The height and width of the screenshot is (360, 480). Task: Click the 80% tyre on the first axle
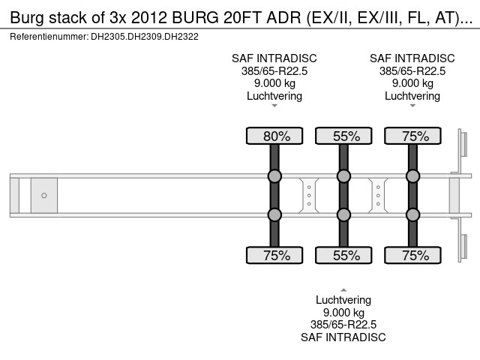click(x=274, y=136)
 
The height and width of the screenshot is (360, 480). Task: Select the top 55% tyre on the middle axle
click(x=343, y=136)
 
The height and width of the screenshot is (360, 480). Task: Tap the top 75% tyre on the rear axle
click(x=412, y=136)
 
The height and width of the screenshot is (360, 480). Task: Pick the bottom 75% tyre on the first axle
click(x=274, y=255)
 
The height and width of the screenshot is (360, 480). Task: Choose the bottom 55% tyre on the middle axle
click(x=343, y=255)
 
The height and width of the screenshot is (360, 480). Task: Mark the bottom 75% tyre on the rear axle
click(x=412, y=255)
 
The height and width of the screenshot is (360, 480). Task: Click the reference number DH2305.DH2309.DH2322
click(x=146, y=36)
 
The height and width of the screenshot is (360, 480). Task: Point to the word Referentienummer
click(x=49, y=36)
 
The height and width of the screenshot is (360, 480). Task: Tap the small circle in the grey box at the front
click(x=44, y=196)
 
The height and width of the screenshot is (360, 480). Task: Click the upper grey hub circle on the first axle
click(x=274, y=176)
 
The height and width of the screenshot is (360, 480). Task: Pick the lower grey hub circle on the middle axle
click(x=343, y=215)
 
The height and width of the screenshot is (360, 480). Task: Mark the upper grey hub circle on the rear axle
click(x=412, y=176)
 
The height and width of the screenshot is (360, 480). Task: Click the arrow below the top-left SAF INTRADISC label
click(x=274, y=106)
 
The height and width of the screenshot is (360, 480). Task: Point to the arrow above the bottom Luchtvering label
click(x=343, y=289)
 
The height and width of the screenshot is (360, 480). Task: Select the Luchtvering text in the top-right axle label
click(x=412, y=96)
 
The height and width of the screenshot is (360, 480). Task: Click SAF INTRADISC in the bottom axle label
click(x=343, y=337)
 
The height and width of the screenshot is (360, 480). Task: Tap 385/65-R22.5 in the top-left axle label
click(x=274, y=71)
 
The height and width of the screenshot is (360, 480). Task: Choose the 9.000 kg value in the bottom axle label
click(x=343, y=313)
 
